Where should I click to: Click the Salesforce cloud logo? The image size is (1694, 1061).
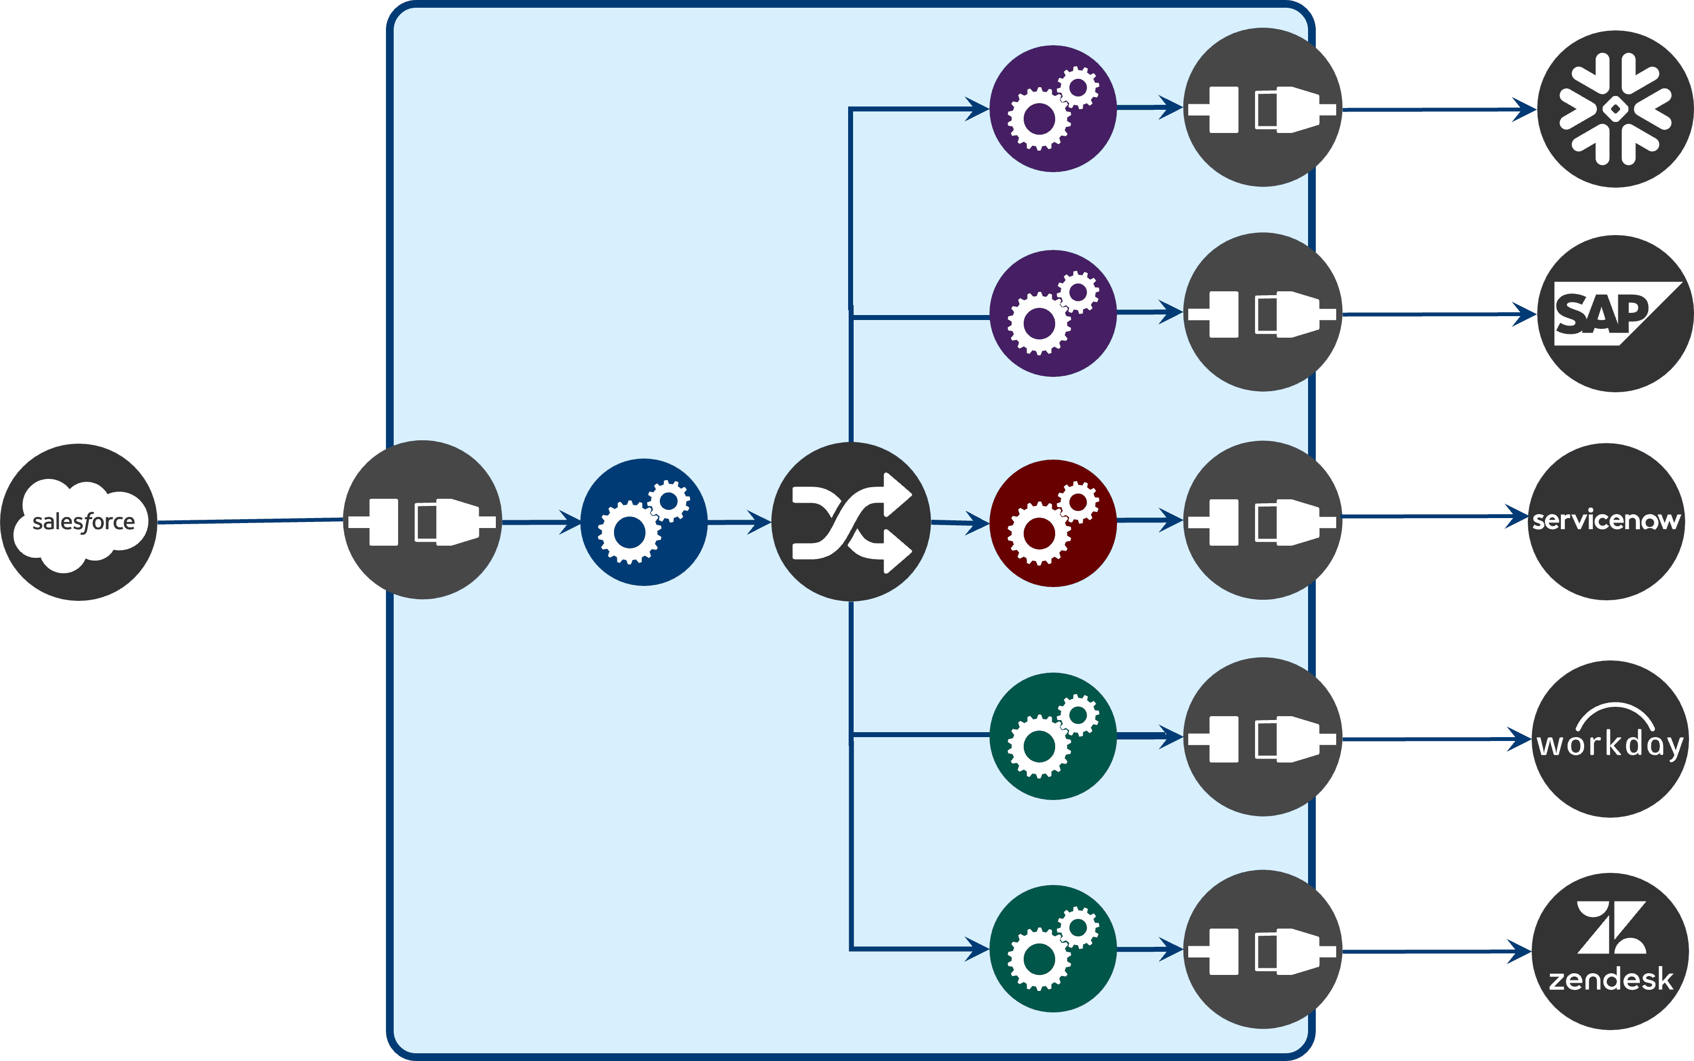coord(78,522)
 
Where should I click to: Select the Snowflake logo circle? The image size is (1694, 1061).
coord(1616,109)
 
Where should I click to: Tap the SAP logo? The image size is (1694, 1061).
coord(1616,314)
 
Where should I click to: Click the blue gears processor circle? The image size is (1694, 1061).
coord(644,522)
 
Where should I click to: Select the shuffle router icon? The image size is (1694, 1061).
coord(851,522)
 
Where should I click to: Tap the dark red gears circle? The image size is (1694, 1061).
coord(1053,524)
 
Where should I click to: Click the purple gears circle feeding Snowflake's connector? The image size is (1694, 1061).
coord(1053,109)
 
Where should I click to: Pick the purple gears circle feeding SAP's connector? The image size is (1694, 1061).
coord(1053,314)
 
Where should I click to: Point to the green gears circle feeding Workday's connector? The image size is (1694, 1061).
coord(1053,736)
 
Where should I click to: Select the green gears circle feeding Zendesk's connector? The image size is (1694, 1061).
coord(1053,949)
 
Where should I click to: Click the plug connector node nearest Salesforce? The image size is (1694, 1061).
coord(422,520)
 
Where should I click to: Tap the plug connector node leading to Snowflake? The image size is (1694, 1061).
coord(1263,108)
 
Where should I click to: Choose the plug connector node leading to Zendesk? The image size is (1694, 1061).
coord(1263,950)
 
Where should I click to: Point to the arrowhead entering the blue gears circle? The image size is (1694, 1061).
coord(570,522)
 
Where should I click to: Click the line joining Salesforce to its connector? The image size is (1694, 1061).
coord(250,521)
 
